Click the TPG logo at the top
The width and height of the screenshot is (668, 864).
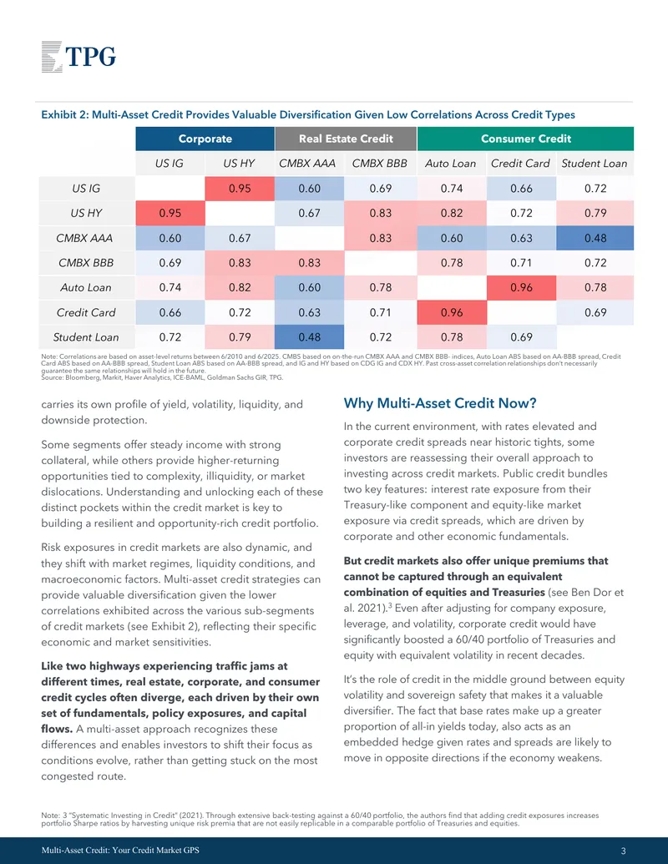(x=78, y=56)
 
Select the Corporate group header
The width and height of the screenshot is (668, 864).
(x=205, y=139)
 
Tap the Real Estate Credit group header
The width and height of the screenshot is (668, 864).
(x=347, y=139)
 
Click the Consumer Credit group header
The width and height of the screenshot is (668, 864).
(x=526, y=139)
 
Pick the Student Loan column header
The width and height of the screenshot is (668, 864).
(x=595, y=164)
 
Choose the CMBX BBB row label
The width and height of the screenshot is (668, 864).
(x=87, y=263)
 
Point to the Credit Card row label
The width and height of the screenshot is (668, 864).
(x=87, y=312)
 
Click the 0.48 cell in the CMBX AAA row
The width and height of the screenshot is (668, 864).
(x=595, y=238)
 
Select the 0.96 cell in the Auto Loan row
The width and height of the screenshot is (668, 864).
(x=521, y=288)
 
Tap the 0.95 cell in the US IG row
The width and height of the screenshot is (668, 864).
(x=240, y=189)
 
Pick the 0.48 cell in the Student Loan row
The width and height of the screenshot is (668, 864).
(x=309, y=337)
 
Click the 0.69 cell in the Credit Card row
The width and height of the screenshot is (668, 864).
(x=595, y=312)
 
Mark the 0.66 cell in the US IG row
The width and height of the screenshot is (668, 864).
(x=521, y=189)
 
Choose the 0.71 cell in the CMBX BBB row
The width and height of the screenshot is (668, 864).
(x=521, y=263)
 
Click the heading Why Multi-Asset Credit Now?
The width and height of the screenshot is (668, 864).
(x=440, y=403)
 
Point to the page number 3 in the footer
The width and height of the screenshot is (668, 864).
(x=624, y=851)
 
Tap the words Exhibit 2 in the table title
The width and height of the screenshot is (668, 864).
(x=64, y=114)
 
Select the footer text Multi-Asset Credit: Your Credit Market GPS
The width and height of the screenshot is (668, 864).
(x=120, y=850)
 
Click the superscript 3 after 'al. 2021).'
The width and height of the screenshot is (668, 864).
(x=390, y=605)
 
